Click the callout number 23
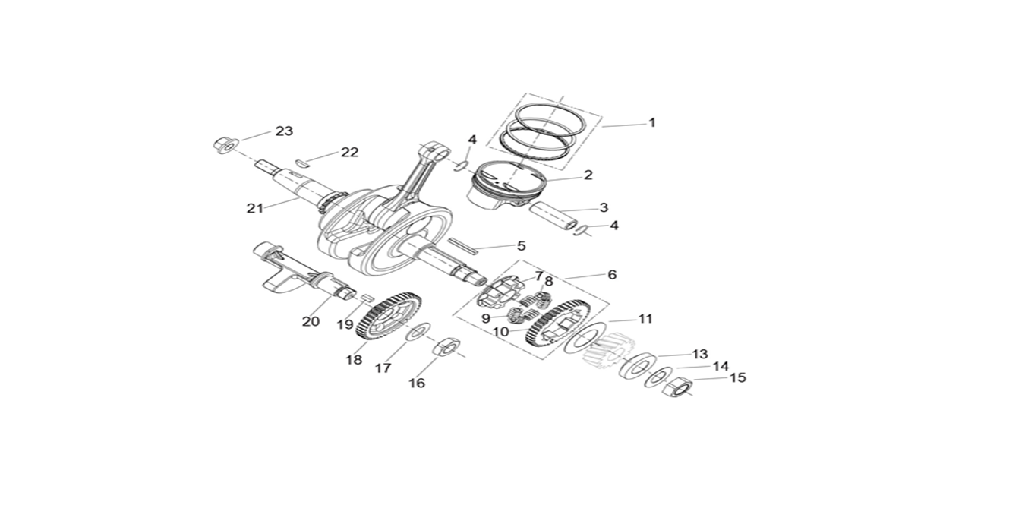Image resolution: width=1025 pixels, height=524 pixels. click(x=284, y=131)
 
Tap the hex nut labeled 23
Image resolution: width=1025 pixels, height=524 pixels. click(x=224, y=144)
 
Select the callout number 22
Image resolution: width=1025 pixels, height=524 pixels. click(x=349, y=152)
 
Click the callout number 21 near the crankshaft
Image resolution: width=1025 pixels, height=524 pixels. click(x=254, y=208)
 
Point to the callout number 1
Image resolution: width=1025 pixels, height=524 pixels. click(x=651, y=122)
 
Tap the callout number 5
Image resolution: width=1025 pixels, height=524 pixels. click(x=521, y=245)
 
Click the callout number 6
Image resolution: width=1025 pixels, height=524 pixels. click(x=612, y=275)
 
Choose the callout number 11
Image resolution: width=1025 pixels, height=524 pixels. click(x=645, y=319)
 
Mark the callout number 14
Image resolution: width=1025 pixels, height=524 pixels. click(x=720, y=366)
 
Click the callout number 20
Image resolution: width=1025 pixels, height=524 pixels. click(x=311, y=321)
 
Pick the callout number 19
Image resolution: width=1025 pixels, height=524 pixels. click(x=345, y=324)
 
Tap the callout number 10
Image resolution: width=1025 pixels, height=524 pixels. click(x=500, y=331)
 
